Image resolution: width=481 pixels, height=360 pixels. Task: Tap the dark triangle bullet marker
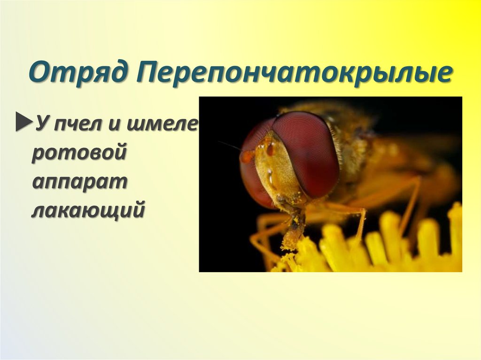[22, 123]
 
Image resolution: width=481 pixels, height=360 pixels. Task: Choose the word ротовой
[79, 154]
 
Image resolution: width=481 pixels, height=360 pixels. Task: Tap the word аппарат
[79, 184]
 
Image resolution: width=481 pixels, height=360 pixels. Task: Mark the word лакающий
[87, 211]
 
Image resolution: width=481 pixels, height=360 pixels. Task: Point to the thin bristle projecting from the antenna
[229, 145]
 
